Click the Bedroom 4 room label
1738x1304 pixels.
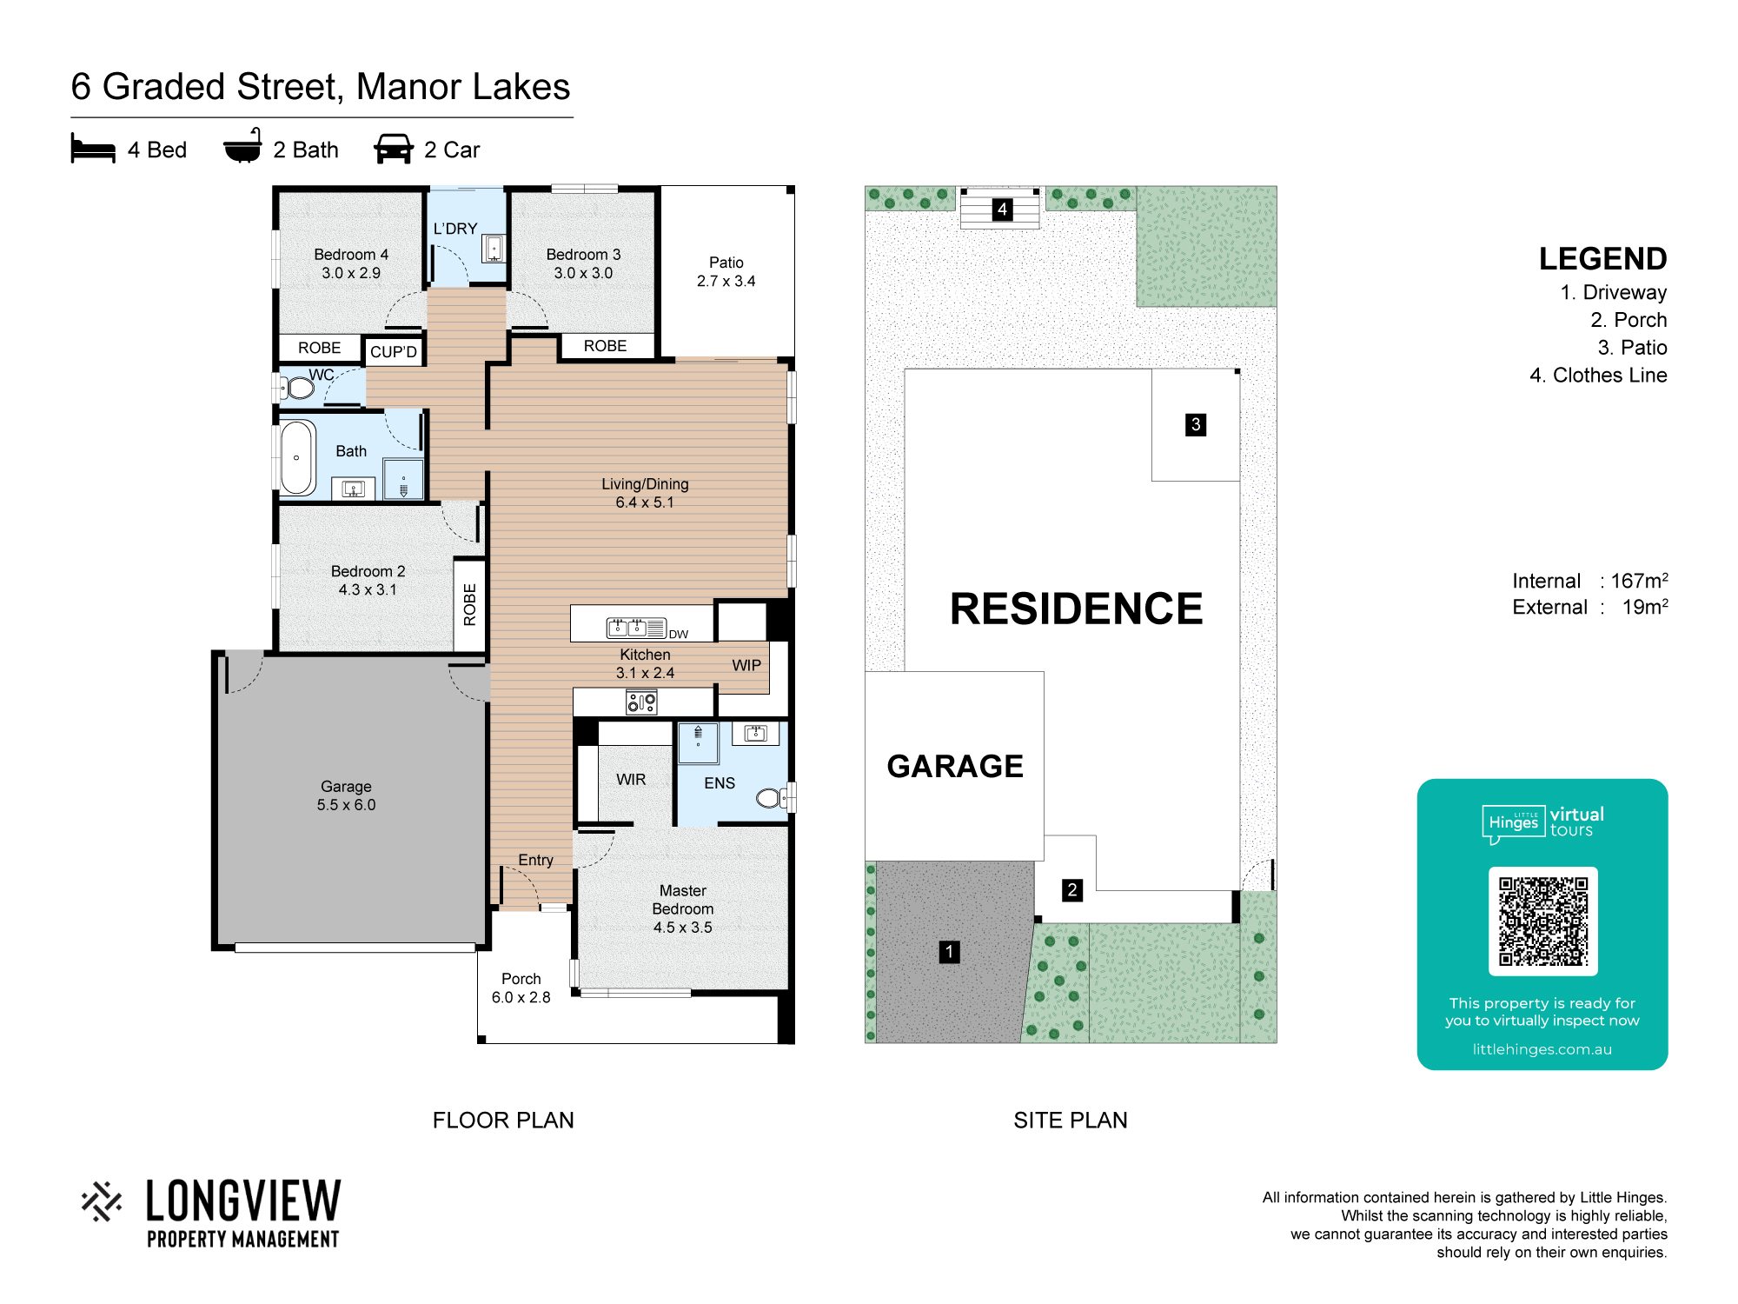click(351, 263)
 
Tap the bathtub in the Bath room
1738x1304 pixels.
click(297, 457)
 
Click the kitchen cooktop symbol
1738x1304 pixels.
click(641, 702)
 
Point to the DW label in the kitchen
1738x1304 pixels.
click(679, 635)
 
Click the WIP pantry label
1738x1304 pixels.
click(746, 666)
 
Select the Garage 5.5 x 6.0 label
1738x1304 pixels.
click(346, 795)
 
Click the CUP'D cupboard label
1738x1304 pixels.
click(394, 352)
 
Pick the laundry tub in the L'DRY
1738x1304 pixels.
click(494, 249)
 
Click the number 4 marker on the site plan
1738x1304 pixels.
click(1002, 210)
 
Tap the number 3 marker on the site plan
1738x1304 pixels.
click(1196, 424)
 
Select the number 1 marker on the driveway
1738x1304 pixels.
click(950, 952)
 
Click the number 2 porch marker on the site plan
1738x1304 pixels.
click(1072, 890)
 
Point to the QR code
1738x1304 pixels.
click(1542, 921)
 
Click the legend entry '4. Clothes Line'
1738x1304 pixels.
click(1598, 376)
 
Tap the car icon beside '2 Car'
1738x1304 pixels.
click(394, 149)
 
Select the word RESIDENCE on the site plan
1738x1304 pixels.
click(1076, 609)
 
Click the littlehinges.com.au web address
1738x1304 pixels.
click(1542, 1049)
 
